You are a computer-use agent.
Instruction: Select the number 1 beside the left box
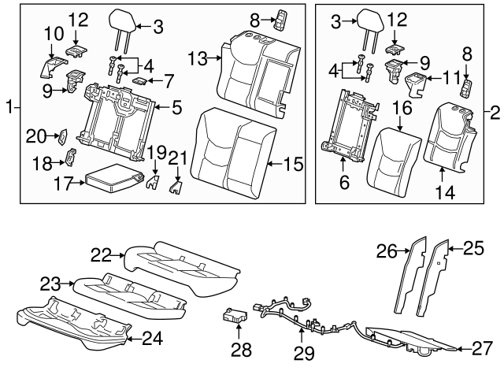click(9, 105)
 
